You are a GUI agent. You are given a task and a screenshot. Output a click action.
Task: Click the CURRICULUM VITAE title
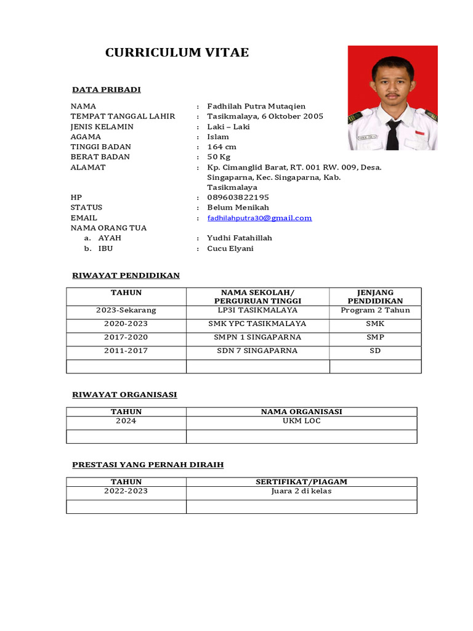tap(177, 52)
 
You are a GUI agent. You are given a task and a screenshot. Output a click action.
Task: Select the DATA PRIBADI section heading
tap(106, 90)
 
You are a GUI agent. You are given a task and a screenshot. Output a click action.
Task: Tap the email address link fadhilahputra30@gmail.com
tap(259, 218)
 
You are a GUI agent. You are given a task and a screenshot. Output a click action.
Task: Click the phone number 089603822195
tap(238, 198)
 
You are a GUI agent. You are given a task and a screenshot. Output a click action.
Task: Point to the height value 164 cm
tap(222, 147)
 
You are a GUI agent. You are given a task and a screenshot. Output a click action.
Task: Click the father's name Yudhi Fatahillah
tap(240, 238)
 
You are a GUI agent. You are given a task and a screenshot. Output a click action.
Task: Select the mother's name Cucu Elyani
tap(230, 248)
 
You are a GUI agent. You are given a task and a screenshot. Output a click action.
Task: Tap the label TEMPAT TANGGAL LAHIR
tap(123, 116)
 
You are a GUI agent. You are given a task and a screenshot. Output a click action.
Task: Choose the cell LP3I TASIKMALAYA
tap(257, 311)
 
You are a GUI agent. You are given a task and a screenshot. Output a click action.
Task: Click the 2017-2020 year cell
tap(126, 338)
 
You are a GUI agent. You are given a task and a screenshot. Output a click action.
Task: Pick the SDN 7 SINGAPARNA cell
tap(257, 351)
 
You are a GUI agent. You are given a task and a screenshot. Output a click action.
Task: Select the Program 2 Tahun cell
tap(375, 311)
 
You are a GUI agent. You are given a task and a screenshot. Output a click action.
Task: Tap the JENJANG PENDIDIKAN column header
tap(375, 296)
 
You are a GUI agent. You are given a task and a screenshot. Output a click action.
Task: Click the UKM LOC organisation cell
tap(301, 421)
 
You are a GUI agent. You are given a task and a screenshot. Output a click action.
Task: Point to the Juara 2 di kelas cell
tap(301, 492)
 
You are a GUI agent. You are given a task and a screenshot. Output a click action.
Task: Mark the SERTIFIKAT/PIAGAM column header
tap(301, 482)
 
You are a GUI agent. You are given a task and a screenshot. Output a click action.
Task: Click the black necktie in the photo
tap(392, 134)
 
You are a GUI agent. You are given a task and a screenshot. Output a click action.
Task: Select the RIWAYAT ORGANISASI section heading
tap(124, 395)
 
